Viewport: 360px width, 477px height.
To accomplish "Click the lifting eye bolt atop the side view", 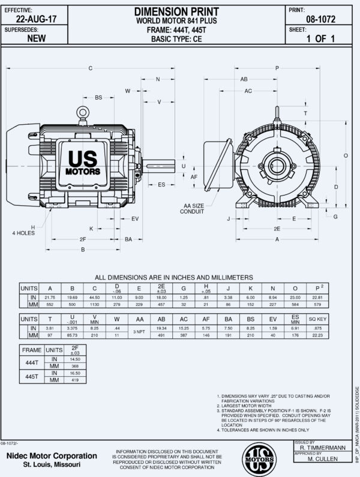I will point(83,112).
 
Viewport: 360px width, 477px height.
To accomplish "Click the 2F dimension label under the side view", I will point(82,239).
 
